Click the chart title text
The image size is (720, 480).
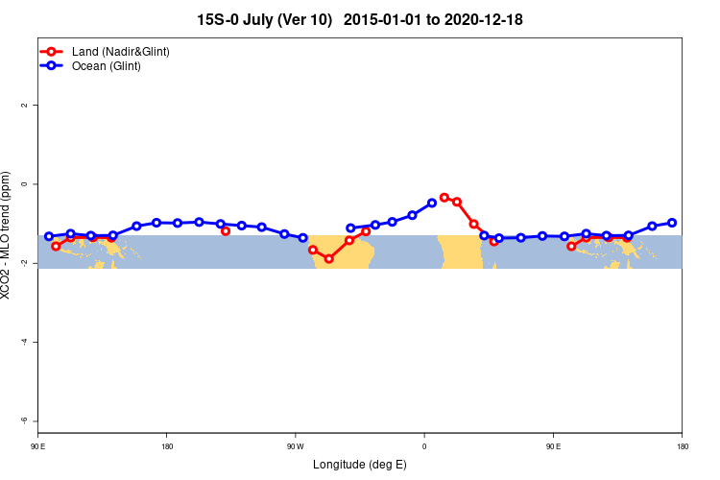[x=360, y=19]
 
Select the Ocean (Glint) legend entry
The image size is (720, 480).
[x=106, y=65]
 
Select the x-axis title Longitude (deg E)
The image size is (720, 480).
[x=360, y=465]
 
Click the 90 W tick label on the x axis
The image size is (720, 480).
[x=295, y=445]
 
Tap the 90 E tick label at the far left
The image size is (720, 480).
[x=37, y=445]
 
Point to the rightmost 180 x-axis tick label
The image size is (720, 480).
[x=682, y=445]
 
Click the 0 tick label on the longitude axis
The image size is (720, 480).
[x=423, y=445]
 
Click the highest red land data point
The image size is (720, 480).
[x=444, y=197]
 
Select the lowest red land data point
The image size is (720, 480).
[x=328, y=258]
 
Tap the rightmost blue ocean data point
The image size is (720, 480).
[x=672, y=223]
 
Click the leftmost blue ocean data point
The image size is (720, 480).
[x=49, y=236]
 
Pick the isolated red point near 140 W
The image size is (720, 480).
[x=226, y=230]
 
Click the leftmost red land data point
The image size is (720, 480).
[x=56, y=246]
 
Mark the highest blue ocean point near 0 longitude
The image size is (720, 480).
[x=432, y=203]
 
